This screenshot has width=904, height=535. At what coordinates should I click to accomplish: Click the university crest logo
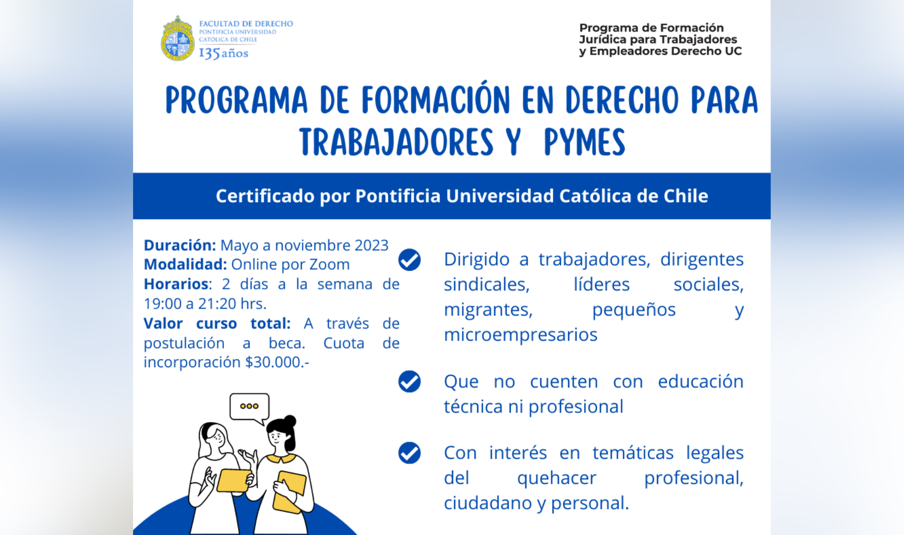pos(178,39)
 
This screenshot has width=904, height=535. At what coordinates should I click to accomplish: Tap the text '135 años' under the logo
pos(223,53)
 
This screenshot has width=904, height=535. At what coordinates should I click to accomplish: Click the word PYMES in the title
pos(585,142)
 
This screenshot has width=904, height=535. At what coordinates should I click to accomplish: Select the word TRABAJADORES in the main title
pos(397,142)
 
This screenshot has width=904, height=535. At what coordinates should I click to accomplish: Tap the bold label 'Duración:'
pos(180,245)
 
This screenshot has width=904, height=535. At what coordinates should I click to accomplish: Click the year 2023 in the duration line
pos(372,245)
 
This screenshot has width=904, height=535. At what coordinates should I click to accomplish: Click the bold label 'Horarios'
pos(176,284)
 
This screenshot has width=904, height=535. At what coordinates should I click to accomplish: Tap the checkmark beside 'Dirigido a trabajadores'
pos(409,260)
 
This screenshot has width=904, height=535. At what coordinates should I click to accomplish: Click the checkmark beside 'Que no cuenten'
pos(409,382)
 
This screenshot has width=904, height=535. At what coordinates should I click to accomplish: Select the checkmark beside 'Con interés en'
pos(409,453)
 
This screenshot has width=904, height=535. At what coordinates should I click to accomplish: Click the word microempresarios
pos(521,335)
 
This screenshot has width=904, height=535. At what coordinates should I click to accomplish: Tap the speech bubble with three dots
pos(250,408)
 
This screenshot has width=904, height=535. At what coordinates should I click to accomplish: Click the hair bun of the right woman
pos(290,421)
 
